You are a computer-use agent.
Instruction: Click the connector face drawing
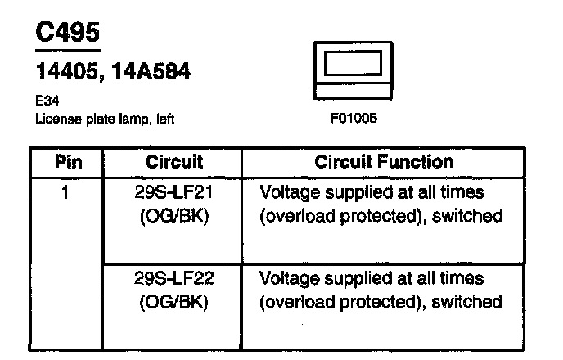tap(353, 65)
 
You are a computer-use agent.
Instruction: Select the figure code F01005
tap(353, 118)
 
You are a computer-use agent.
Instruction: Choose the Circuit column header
tap(174, 162)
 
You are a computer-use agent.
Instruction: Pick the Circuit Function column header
tap(384, 162)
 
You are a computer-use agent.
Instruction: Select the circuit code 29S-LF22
tap(173, 279)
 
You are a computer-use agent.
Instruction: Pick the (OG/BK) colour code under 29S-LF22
tap(173, 302)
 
